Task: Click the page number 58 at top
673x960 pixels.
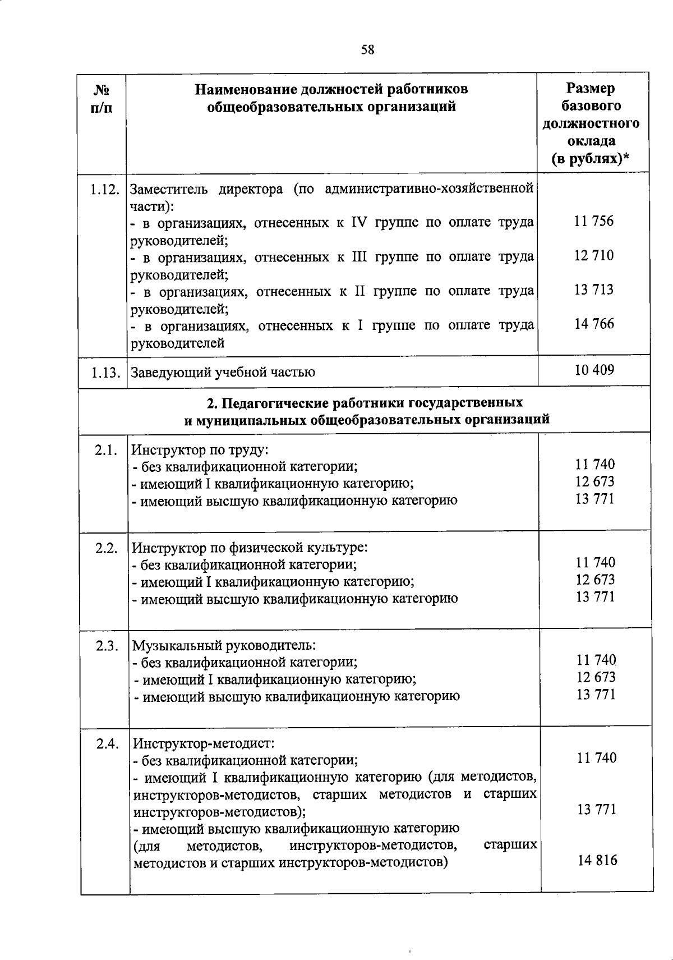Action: pos(367,50)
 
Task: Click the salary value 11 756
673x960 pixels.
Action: pos(593,221)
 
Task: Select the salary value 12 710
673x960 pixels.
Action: pos(593,256)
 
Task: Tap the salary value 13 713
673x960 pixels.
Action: pos(593,290)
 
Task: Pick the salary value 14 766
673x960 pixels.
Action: pos(593,324)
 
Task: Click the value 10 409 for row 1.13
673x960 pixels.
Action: pos(594,370)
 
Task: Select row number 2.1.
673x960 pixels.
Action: pos(106,450)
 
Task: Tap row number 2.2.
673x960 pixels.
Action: pos(106,548)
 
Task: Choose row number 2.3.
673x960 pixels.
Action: pos(107,646)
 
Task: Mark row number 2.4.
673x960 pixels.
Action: pos(108,745)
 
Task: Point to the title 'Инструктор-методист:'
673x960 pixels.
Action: pos(204,745)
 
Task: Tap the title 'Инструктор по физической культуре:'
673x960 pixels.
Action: pos(249,548)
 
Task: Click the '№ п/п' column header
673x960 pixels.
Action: pos(102,98)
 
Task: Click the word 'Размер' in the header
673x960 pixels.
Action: pos(590,88)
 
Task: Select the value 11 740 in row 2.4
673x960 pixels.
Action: pos(597,758)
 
